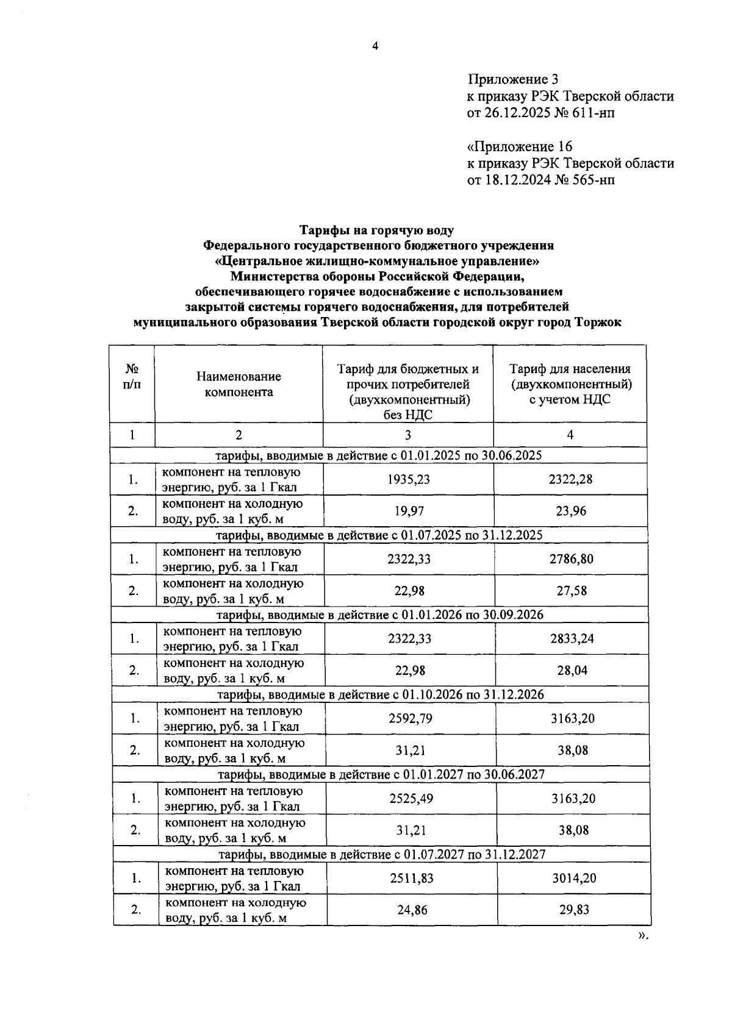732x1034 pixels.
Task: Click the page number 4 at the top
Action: tap(375, 46)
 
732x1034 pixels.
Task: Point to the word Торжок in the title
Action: tap(597, 323)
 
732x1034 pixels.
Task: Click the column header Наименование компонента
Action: tap(239, 384)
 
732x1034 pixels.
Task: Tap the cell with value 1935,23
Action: tap(408, 479)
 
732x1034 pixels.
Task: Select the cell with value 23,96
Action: tap(570, 511)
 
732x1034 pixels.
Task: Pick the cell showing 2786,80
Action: tap(571, 558)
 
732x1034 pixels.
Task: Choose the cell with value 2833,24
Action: tap(572, 638)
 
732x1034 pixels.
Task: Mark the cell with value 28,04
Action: tap(572, 671)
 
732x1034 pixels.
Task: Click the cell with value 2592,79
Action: tap(410, 718)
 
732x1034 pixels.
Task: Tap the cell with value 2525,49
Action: tap(411, 798)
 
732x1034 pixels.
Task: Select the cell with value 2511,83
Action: tap(411, 878)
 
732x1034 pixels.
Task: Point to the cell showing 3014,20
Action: tap(573, 878)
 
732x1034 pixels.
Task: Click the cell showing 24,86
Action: tap(412, 910)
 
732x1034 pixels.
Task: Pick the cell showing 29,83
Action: tap(573, 910)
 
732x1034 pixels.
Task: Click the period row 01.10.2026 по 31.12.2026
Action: tap(381, 694)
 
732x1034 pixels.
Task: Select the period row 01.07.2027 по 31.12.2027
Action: tap(382, 854)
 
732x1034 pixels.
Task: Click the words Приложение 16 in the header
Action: tap(519, 147)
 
